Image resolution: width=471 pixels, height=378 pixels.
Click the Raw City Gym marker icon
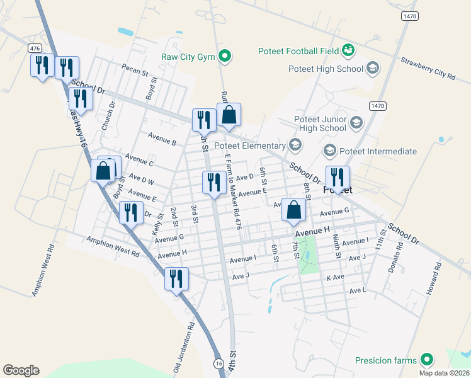click(224, 57)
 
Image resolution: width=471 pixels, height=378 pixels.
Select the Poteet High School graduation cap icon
click(373, 68)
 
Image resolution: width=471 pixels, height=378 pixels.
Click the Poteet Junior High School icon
click(356, 123)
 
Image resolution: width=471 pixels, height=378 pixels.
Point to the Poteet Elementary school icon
click(295, 146)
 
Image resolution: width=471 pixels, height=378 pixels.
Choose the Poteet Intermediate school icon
click(329, 151)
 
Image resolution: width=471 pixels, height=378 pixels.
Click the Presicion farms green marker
click(428, 360)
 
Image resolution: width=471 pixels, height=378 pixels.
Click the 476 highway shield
click(34, 49)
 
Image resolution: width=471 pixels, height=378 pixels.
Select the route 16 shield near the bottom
click(218, 364)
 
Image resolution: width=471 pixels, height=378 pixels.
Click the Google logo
click(21, 370)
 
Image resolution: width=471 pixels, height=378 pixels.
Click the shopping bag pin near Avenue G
click(293, 210)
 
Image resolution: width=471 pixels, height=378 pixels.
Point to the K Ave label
click(335, 277)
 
